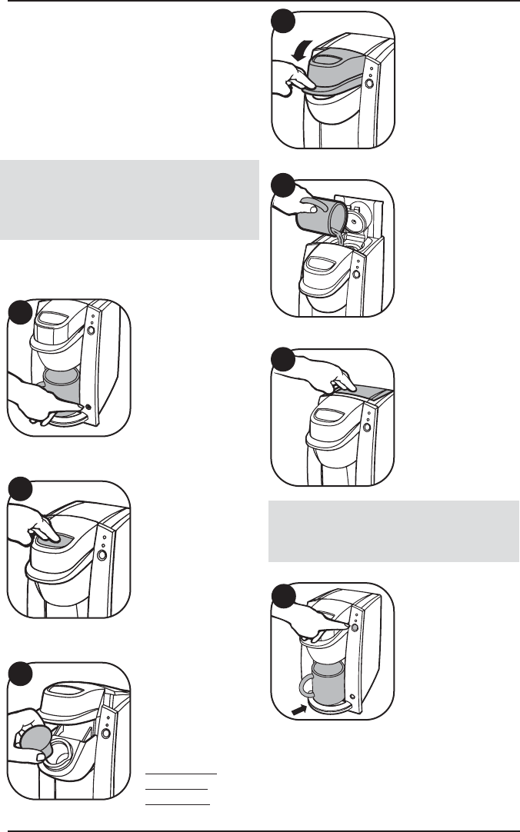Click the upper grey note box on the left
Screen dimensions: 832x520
click(x=129, y=200)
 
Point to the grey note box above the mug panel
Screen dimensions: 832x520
click(x=392, y=531)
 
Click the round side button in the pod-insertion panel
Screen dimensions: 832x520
click(x=105, y=734)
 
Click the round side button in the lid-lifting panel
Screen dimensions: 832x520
click(x=368, y=83)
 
